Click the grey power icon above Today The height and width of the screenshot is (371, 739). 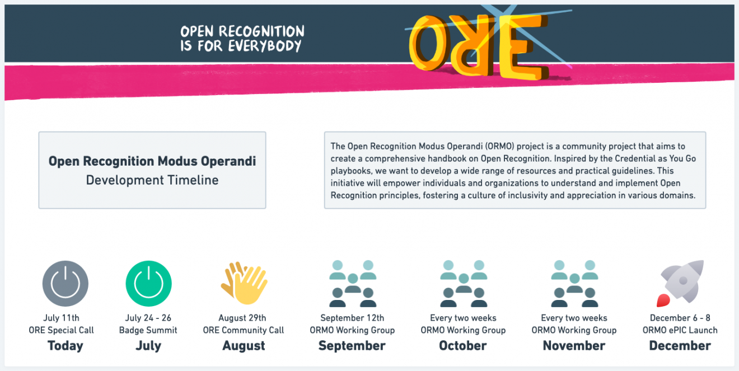coord(66,283)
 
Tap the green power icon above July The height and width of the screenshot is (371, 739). coord(148,283)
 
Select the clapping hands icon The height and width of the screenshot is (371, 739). coord(244,283)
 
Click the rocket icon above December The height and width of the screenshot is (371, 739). coord(680,283)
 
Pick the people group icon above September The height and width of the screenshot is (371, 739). coord(353,284)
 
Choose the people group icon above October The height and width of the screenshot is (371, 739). coord(464,284)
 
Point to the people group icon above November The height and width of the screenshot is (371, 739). coord(574,284)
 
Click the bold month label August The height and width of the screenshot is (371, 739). coord(244,346)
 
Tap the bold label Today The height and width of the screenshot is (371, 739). coord(66,346)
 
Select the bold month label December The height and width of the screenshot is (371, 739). coord(680,346)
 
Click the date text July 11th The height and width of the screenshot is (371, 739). coord(62,318)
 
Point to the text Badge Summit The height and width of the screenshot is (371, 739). coord(148,330)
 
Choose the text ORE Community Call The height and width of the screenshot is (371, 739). coord(244,330)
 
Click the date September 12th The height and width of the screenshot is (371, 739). coord(352,318)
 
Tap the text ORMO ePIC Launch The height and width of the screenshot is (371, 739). coord(680,330)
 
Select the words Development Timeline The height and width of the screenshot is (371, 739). coord(152,180)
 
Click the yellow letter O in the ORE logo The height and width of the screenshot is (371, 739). coord(428,43)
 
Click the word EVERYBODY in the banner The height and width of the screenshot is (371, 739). coord(265,46)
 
